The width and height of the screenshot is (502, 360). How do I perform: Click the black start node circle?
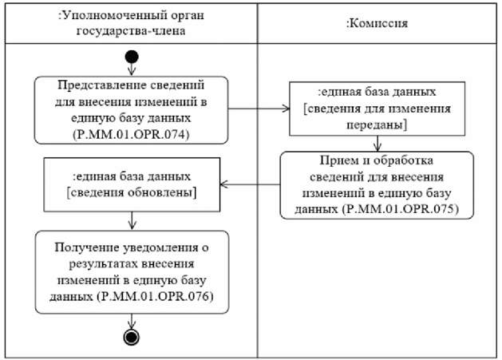click(x=132, y=58)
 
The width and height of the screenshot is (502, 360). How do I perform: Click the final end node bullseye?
click(x=132, y=336)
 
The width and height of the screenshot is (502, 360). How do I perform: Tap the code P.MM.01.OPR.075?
click(x=405, y=209)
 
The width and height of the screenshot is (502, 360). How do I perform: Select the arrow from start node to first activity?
click(x=132, y=70)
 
